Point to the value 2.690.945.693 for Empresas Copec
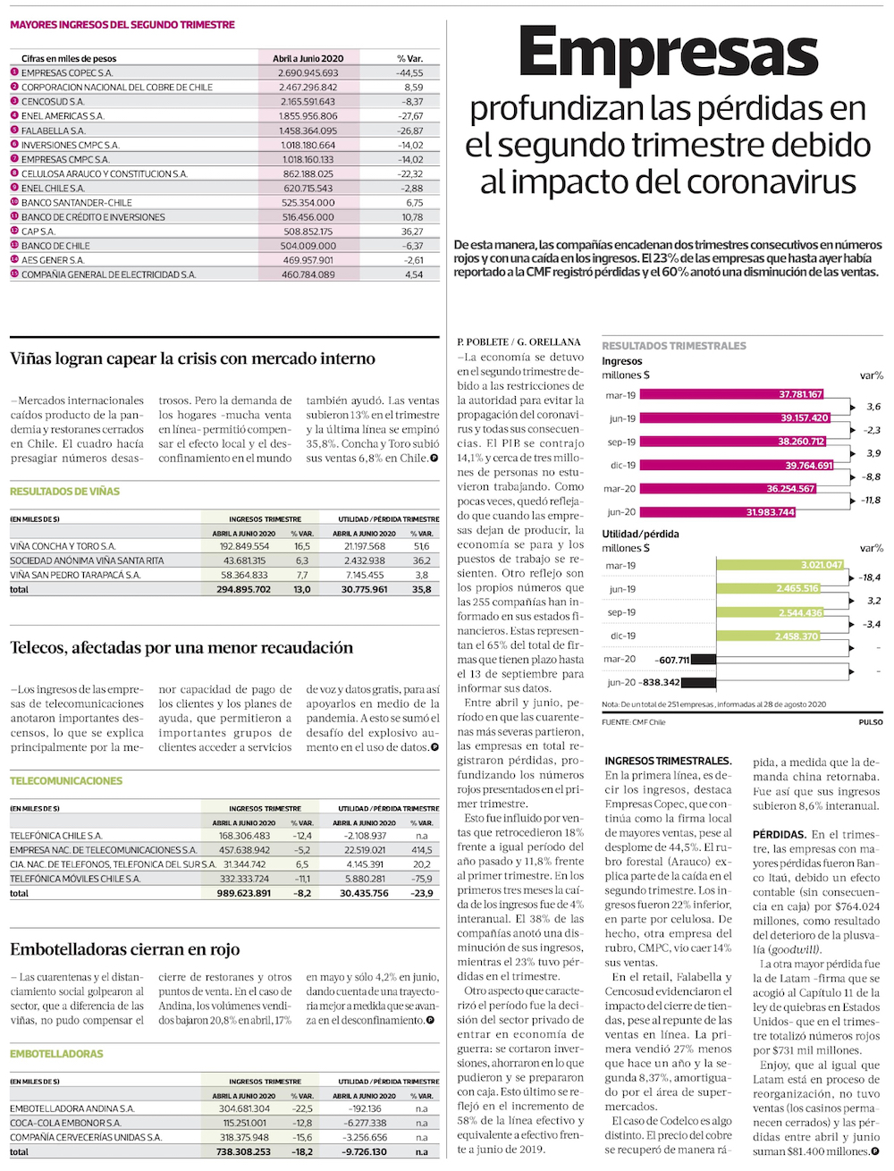pyautogui.click(x=308, y=73)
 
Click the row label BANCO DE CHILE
pyautogui.click(x=55, y=246)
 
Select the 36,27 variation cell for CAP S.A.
pyautogui.click(x=412, y=232)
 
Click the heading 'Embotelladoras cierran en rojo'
pyautogui.click(x=125, y=949)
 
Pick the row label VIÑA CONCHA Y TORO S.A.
pyautogui.click(x=63, y=546)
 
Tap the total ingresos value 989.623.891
pyautogui.click(x=243, y=893)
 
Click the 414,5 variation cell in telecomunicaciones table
pyautogui.click(x=422, y=850)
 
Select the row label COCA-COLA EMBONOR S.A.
pyautogui.click(x=65, y=1123)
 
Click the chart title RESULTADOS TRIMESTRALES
pyautogui.click(x=673, y=346)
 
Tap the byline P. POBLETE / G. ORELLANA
pyautogui.click(x=519, y=341)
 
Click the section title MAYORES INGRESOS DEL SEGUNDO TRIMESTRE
pyautogui.click(x=122, y=25)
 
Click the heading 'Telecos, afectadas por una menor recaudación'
pyautogui.click(x=181, y=648)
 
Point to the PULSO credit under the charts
pyautogui.click(x=870, y=722)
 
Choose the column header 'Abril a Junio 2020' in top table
pyautogui.click(x=308, y=59)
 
